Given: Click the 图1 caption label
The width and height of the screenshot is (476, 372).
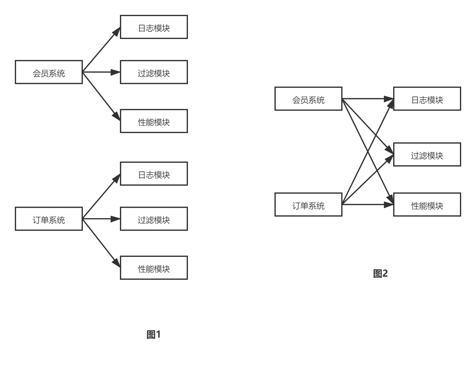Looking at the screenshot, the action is [x=154, y=335].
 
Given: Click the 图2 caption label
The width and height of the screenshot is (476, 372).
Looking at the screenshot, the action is [x=380, y=274].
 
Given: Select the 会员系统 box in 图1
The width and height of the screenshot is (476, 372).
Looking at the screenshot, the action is [x=49, y=72].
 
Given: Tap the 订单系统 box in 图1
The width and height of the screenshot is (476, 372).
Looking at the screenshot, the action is [x=49, y=219].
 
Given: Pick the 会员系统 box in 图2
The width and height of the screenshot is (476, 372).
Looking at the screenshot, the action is [x=308, y=99].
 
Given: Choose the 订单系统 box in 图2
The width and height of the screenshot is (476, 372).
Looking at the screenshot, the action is [x=308, y=205].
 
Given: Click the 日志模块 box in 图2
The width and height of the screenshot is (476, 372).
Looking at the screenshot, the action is [x=427, y=99].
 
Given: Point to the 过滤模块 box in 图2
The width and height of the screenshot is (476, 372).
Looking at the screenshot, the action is [x=427, y=155].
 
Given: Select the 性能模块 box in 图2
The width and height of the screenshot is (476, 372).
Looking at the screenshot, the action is [x=427, y=205].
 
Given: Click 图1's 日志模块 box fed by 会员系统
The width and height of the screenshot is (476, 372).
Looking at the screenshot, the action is [x=154, y=27].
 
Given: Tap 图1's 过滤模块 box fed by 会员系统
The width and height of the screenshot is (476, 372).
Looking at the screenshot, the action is [x=154, y=72].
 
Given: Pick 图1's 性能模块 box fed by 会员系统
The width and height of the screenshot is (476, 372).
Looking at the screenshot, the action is [x=154, y=121].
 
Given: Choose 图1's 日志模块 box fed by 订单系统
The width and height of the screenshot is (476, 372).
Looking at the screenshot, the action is [x=154, y=174].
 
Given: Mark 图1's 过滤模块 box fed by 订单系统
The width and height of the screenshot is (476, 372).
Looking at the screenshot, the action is [x=154, y=219].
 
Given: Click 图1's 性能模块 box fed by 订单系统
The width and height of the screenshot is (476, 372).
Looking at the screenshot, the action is [x=154, y=268].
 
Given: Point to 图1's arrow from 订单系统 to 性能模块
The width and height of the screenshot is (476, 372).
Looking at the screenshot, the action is [x=101, y=243].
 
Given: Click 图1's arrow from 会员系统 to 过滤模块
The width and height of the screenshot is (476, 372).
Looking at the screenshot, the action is [x=101, y=72].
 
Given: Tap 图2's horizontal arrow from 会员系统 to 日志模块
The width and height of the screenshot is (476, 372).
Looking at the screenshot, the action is [x=368, y=99].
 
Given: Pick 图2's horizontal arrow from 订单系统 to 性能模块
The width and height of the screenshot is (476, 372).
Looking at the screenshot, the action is [x=368, y=205].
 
